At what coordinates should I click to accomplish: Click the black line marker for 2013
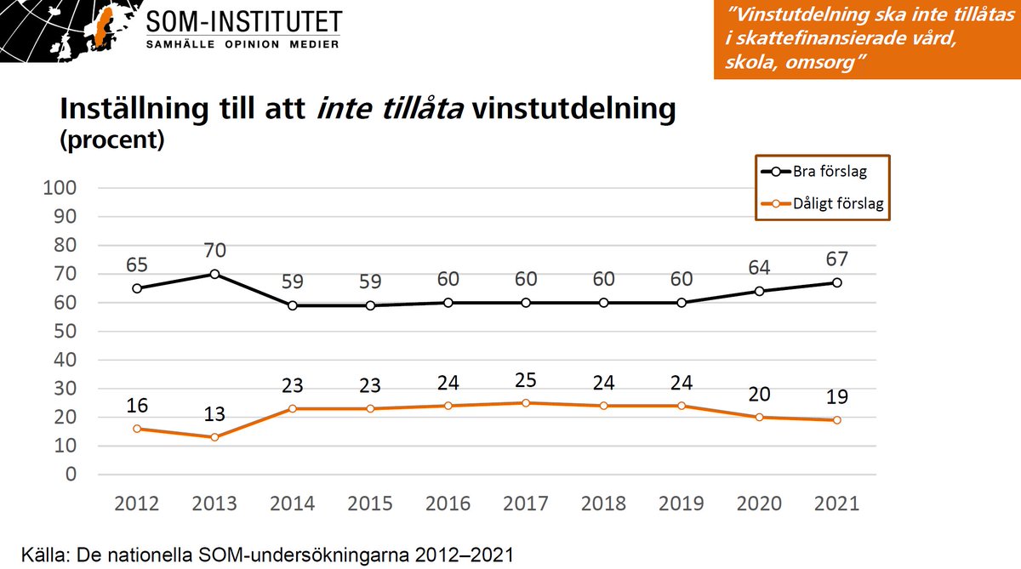coord(214,274)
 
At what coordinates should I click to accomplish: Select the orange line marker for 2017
coord(526,403)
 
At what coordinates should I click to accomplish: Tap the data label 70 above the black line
coord(214,251)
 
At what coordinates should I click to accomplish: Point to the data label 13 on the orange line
coord(214,414)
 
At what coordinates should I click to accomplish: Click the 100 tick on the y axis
coord(65,188)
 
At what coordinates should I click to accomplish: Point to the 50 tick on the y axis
coord(68,331)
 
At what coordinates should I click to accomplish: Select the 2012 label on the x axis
coord(137,503)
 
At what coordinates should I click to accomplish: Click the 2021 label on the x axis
coord(837,503)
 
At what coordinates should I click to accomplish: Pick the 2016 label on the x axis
coord(448,503)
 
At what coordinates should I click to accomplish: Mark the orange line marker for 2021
coord(837,420)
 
